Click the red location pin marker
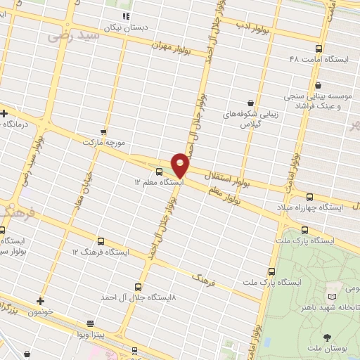181,165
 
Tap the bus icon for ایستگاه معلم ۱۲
159,171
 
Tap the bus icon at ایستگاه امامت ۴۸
319,49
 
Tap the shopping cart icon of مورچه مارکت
104,131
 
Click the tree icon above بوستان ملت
326,338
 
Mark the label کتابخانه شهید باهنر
330,307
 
